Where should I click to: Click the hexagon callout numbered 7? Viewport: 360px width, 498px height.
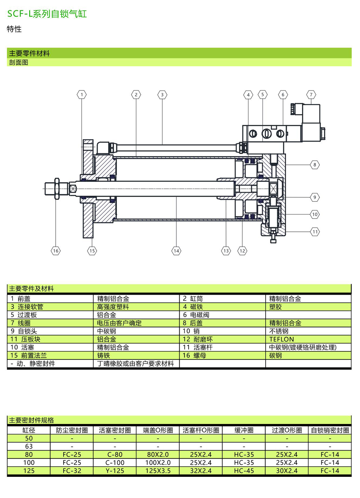pos(311,95)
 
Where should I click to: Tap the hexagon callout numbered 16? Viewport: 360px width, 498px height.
pos(56,251)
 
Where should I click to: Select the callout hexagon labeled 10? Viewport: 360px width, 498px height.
pos(315,214)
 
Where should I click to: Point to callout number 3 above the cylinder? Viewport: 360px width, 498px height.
pos(162,95)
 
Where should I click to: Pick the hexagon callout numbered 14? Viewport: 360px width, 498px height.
pos(176,251)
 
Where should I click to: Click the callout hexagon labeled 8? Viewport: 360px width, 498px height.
pos(315,165)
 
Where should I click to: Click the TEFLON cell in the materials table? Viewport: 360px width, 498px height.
pos(282,339)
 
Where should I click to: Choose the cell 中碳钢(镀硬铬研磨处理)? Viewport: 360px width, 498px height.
pos(303,347)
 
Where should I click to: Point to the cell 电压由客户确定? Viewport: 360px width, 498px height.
pos(119,323)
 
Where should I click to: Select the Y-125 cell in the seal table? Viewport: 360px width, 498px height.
pos(114,471)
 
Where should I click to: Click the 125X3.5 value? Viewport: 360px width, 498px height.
pos(158,471)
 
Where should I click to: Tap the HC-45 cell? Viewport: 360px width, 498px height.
pos(244,471)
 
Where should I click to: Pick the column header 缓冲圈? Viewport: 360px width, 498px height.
pos(244,430)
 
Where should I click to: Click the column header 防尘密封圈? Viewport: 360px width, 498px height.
pos(72,430)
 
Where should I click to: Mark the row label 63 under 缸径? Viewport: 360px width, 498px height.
pos(29,446)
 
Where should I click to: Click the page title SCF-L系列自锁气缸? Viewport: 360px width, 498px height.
pos(47,14)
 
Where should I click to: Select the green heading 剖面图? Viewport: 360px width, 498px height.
pos(18,62)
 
